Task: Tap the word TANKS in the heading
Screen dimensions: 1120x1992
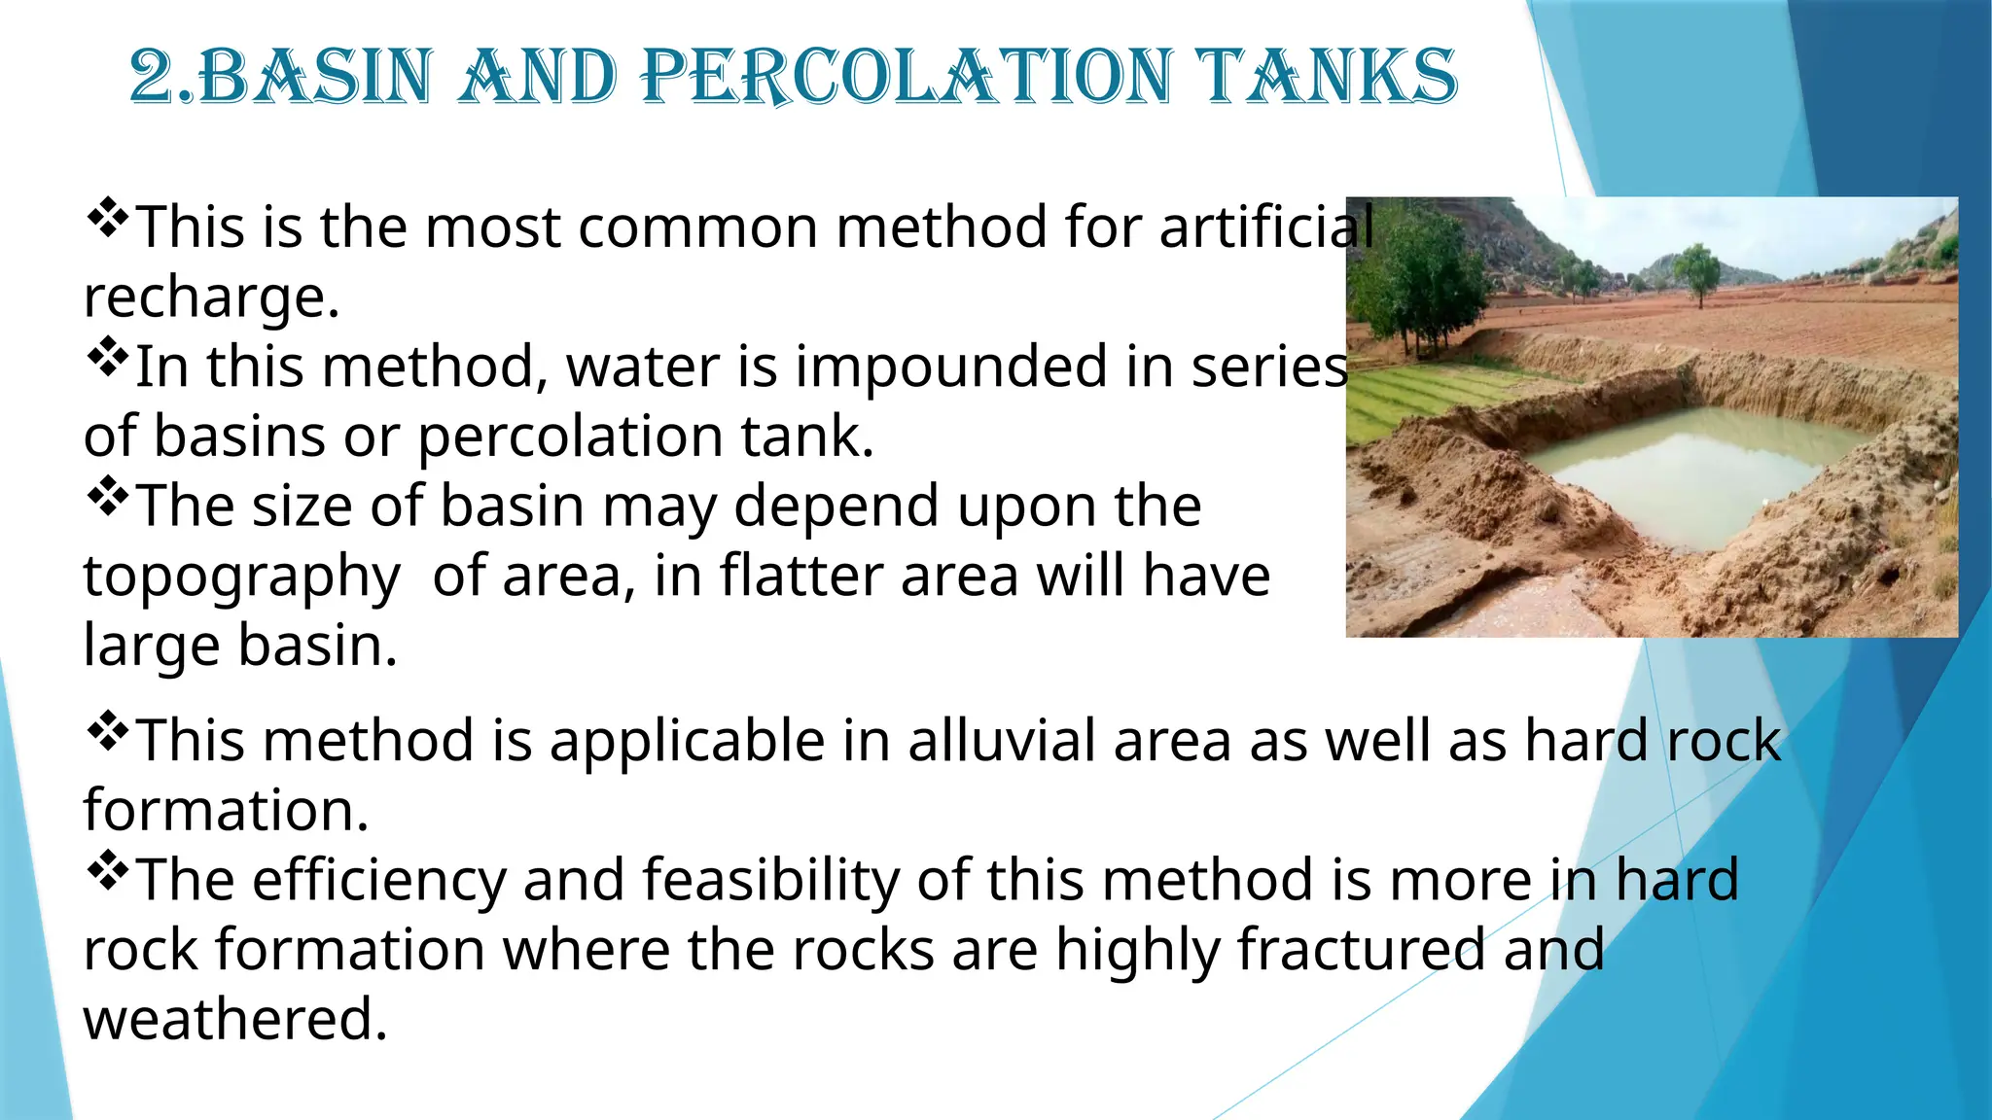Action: [x=1327, y=77]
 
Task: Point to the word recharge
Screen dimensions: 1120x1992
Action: [x=210, y=297]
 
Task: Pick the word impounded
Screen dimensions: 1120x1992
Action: [x=951, y=367]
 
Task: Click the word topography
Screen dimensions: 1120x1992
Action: [x=241, y=577]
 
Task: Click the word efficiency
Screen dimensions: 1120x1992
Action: [x=379, y=880]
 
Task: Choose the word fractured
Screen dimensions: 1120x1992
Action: [x=1361, y=950]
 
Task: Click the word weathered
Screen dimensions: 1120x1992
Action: [x=234, y=1020]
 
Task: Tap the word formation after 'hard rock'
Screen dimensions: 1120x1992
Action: [x=226, y=811]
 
